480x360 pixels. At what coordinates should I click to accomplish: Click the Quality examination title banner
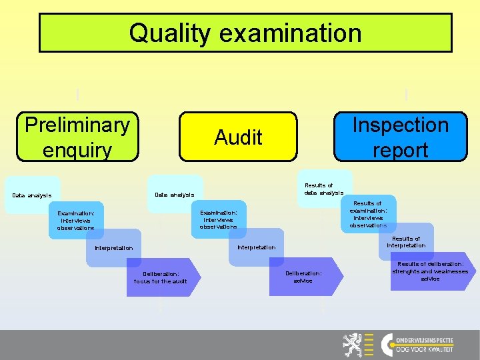[245, 33]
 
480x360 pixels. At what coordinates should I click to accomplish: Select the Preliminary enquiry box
[77, 137]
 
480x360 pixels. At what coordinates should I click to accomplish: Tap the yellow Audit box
[238, 137]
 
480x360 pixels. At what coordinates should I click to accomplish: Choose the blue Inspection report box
[400, 137]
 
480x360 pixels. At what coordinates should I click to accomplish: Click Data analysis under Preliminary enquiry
[32, 195]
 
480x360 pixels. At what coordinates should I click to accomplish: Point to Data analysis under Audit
[174, 195]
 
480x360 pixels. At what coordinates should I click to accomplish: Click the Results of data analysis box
[324, 189]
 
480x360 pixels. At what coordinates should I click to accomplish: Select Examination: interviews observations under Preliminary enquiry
[76, 220]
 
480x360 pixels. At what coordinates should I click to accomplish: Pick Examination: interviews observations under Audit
[218, 219]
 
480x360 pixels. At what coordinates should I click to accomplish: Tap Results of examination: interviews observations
[368, 213]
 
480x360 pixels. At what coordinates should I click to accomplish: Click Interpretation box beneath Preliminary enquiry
[113, 248]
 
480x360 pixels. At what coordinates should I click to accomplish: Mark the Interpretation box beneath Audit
[257, 247]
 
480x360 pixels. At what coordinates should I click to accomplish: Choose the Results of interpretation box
[406, 241]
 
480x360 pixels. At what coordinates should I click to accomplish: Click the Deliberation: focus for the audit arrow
[161, 277]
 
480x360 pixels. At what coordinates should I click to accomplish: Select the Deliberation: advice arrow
[304, 277]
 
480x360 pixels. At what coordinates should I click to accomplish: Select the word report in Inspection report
[400, 150]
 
